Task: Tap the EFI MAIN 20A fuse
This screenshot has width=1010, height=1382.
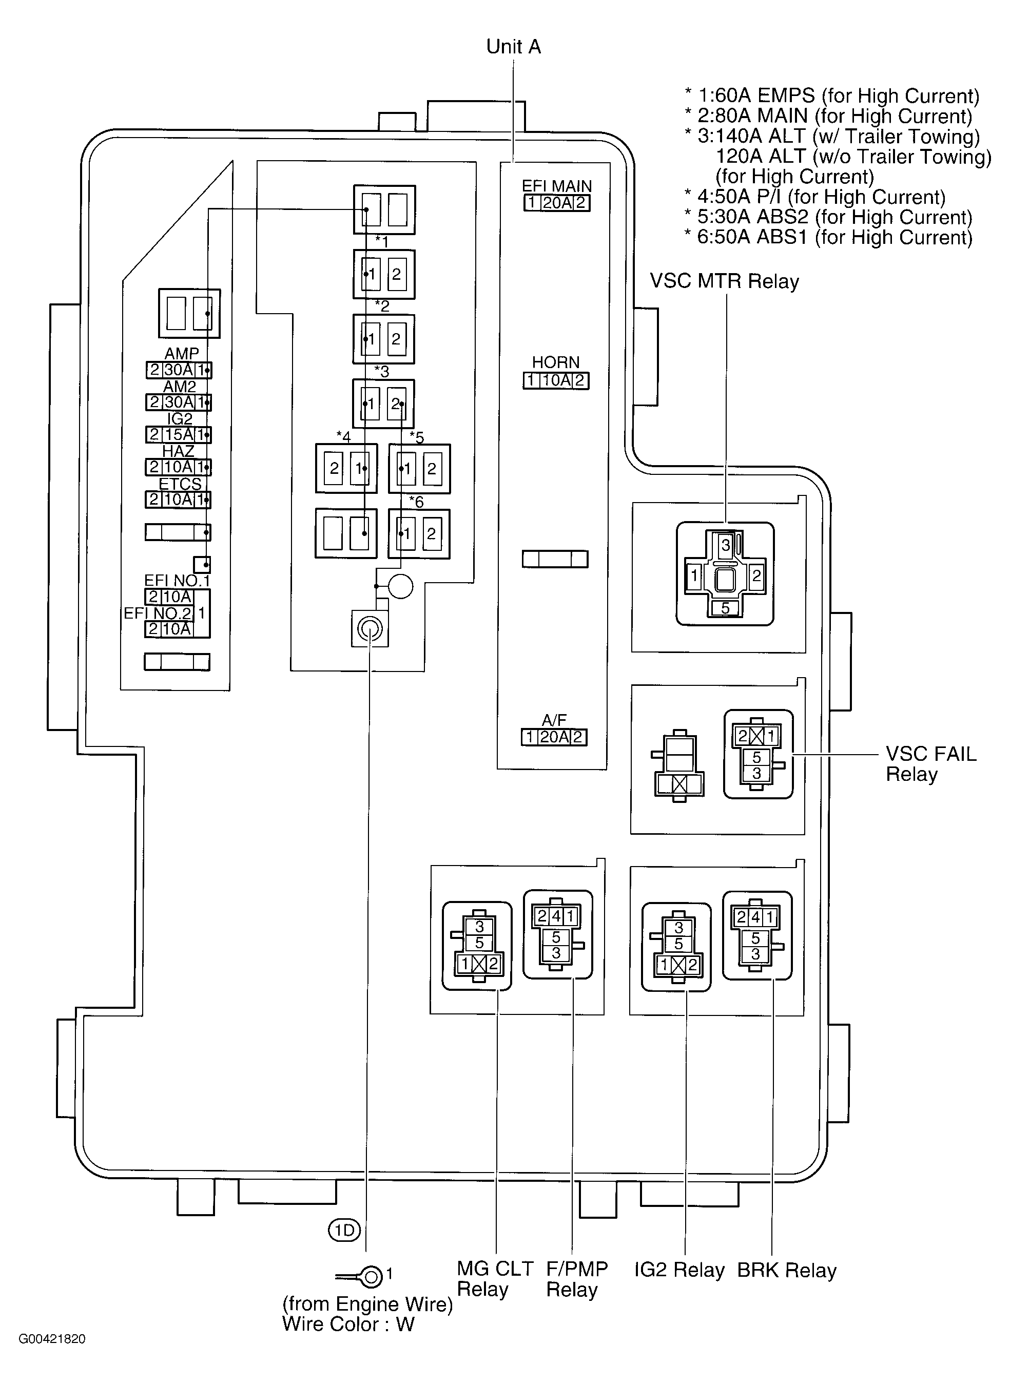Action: click(x=556, y=203)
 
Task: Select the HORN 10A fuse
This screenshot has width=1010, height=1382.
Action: click(x=556, y=380)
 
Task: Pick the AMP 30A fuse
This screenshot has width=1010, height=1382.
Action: click(x=179, y=370)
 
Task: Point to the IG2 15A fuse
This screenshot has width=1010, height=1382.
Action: click(x=179, y=435)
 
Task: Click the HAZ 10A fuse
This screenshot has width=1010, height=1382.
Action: click(x=179, y=467)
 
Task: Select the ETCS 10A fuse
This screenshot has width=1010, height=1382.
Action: click(x=179, y=500)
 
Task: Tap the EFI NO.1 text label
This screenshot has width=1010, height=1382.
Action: click(x=177, y=580)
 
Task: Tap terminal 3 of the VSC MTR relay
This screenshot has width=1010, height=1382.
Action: click(x=725, y=544)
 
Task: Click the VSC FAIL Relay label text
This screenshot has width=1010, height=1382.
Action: click(x=930, y=764)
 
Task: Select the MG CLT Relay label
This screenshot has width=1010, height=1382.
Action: click(x=495, y=1279)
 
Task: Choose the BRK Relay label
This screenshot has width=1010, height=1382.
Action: click(x=786, y=1270)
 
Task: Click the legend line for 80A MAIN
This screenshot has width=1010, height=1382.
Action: click(x=828, y=116)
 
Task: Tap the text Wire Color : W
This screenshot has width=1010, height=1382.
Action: click(x=348, y=1324)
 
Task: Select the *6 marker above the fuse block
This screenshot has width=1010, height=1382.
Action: click(x=416, y=502)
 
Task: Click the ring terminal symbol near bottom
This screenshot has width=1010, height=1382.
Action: click(x=370, y=1276)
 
